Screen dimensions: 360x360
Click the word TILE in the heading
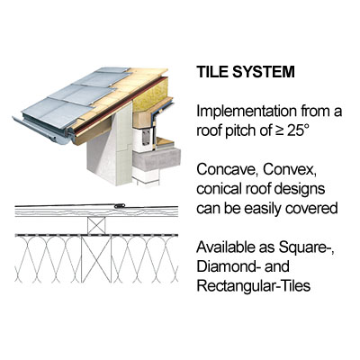(211, 72)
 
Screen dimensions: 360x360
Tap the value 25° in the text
(297, 130)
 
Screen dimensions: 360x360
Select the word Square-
(307, 248)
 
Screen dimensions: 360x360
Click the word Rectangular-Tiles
(254, 286)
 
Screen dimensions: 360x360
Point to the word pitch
(238, 131)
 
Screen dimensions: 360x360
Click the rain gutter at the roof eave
(42, 130)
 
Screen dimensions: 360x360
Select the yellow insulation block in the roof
(152, 94)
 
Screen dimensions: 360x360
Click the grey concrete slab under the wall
(156, 159)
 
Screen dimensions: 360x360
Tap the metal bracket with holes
(147, 136)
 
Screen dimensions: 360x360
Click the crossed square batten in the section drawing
(96, 225)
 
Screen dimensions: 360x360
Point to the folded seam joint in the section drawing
(120, 206)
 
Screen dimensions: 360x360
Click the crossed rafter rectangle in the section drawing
(96, 259)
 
